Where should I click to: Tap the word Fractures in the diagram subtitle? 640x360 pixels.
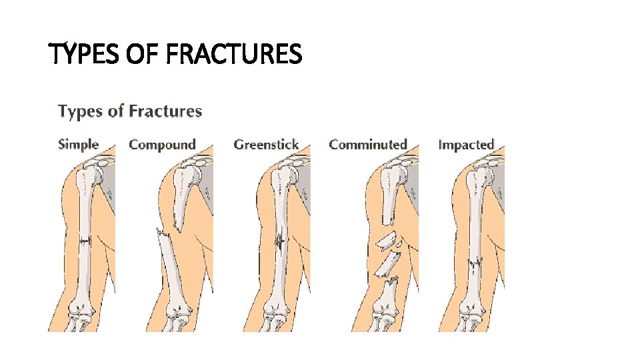point(165,111)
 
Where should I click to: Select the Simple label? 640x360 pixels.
point(78,144)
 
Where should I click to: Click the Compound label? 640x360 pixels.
point(162,144)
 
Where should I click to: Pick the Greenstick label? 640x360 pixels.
point(266,144)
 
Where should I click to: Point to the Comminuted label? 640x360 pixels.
point(367,144)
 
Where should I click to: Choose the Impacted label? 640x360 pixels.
point(466,144)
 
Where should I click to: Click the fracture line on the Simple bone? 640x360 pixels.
point(85,241)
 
